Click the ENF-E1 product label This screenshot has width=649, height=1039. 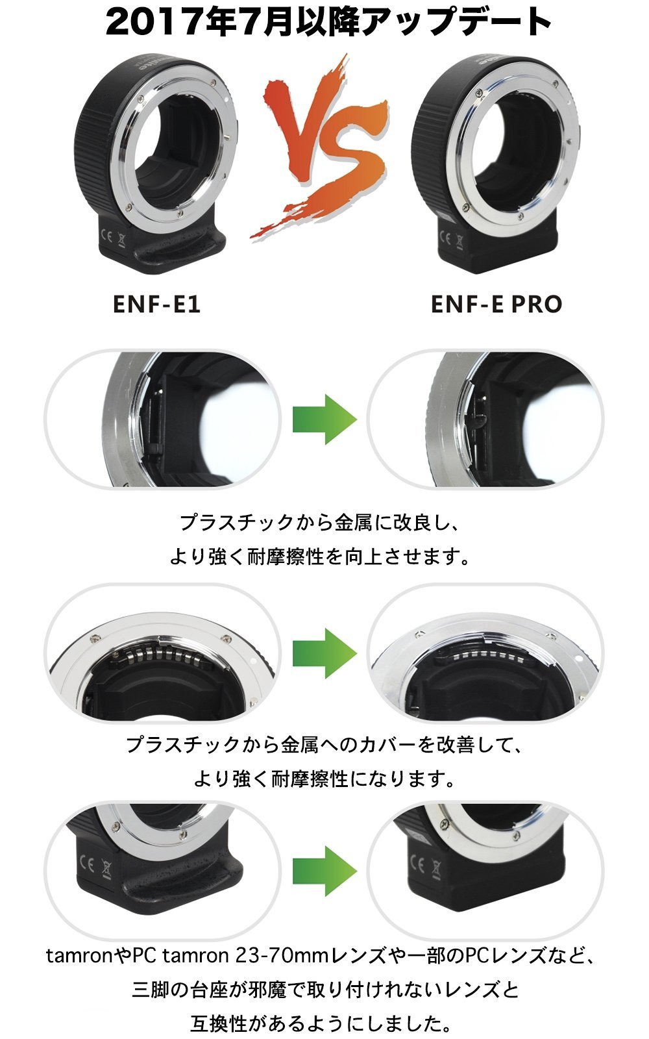pos(156,305)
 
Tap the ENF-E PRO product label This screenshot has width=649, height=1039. pos(496,305)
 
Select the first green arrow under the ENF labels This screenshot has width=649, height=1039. pos(324,419)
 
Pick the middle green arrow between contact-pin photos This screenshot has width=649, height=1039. pos(324,653)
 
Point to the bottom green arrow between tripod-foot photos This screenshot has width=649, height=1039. pos(324,871)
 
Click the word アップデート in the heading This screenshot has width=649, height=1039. pos(455,22)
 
